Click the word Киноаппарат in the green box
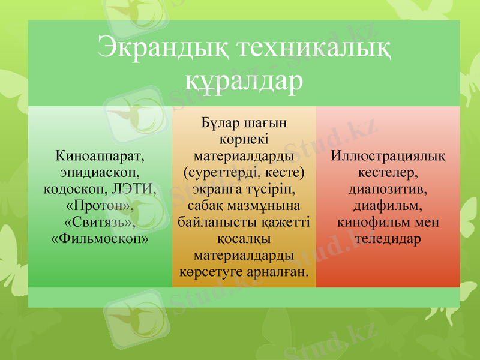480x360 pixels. click(x=100, y=157)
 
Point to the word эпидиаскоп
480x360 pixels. click(x=100, y=173)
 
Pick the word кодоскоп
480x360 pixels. click(x=76, y=189)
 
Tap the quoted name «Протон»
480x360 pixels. click(x=100, y=205)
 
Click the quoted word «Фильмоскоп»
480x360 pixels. click(x=100, y=238)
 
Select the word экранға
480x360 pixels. click(x=217, y=190)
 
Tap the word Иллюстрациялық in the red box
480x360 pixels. click(x=388, y=157)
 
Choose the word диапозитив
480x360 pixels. click(x=388, y=189)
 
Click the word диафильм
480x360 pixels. click(x=388, y=205)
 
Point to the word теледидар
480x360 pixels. click(x=388, y=238)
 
